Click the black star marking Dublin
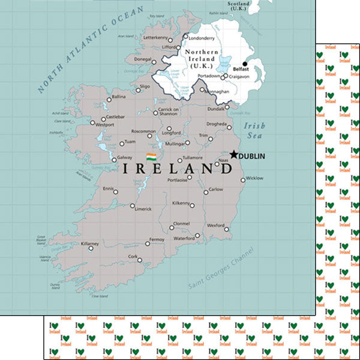click(x=233, y=154)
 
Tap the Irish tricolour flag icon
click(x=151, y=157)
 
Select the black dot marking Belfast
click(x=244, y=64)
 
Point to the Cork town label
click(x=133, y=256)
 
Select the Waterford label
click(x=184, y=238)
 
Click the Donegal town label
click(x=143, y=59)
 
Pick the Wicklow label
click(x=254, y=178)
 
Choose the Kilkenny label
click(x=181, y=204)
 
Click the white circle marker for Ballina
click(x=109, y=100)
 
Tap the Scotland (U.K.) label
click(x=239, y=7)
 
